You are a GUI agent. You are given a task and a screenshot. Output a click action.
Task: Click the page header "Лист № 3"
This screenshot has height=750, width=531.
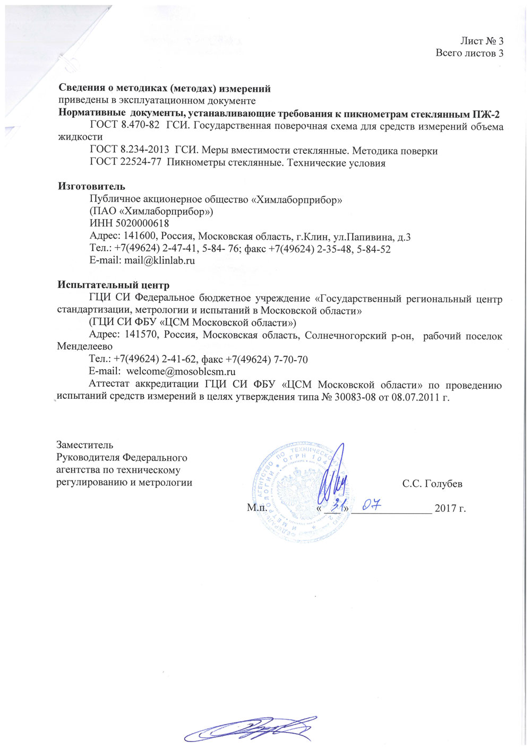tap(482, 41)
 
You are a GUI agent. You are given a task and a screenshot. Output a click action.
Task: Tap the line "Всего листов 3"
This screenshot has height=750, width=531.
tap(469, 53)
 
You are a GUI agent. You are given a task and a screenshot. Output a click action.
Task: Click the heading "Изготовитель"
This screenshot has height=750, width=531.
tap(91, 186)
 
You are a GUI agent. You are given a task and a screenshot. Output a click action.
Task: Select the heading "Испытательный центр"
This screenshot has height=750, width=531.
tap(113, 286)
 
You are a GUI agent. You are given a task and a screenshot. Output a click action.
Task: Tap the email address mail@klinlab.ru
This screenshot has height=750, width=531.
tap(159, 260)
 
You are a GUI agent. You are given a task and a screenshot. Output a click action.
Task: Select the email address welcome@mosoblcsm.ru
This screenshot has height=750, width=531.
tap(181, 372)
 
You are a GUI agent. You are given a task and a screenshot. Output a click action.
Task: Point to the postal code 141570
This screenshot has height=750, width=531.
tap(142, 335)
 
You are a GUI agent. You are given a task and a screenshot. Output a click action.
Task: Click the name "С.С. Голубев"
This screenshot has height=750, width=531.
tap(432, 484)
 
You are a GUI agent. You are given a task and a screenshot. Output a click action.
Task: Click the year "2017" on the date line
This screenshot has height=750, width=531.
tap(446, 509)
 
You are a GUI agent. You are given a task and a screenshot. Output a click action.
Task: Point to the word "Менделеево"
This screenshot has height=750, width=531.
tap(85, 347)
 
